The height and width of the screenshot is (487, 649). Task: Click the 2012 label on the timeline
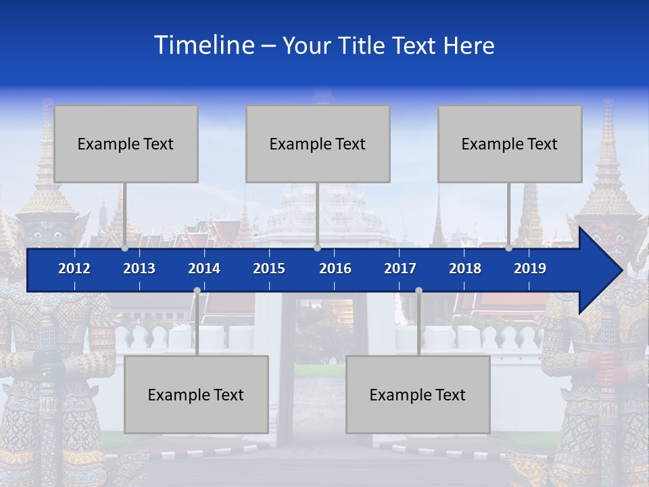point(74,269)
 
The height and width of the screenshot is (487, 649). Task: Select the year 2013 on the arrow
point(139,269)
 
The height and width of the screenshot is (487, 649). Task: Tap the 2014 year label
point(204,269)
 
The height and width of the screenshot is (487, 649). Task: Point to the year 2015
point(269,269)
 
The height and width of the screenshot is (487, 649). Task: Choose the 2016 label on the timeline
point(335,269)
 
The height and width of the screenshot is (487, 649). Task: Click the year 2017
point(400,269)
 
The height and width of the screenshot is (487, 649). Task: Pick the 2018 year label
point(465,269)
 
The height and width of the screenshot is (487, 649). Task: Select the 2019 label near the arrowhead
point(530,269)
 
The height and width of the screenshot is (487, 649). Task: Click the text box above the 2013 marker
point(126,143)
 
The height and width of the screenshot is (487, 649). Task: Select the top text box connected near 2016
point(318,143)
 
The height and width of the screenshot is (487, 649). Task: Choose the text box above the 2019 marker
point(510,143)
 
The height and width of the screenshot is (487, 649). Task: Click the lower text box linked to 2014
point(196,394)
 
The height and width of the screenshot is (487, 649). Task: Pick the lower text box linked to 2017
point(418,394)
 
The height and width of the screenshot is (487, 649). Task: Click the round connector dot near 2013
point(125,248)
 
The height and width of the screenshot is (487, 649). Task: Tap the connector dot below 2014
point(197,290)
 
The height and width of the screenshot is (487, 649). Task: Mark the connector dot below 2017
point(418,290)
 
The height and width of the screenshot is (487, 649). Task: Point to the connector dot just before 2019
point(509,248)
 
